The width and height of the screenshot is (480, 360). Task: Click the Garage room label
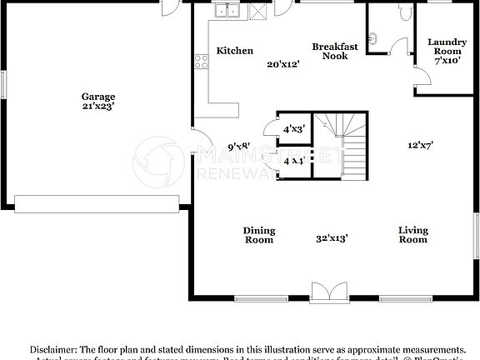pyautogui.click(x=98, y=97)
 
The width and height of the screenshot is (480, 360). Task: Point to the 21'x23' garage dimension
pyautogui.click(x=98, y=107)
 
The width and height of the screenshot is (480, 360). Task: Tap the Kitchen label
pyautogui.click(x=234, y=52)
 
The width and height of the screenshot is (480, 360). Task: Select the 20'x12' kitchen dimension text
pyautogui.click(x=282, y=64)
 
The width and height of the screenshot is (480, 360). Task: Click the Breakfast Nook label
pyautogui.click(x=335, y=52)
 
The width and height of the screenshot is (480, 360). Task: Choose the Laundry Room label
pyautogui.click(x=447, y=47)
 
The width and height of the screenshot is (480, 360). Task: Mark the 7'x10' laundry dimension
pyautogui.click(x=447, y=61)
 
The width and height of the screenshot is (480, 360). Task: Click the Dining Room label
pyautogui.click(x=259, y=235)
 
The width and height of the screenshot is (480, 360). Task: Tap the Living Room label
pyautogui.click(x=412, y=235)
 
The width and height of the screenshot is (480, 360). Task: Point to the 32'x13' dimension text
pyautogui.click(x=332, y=237)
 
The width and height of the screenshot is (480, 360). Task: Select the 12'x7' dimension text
pyautogui.click(x=419, y=145)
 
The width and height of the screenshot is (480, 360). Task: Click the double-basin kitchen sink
pyautogui.click(x=227, y=11)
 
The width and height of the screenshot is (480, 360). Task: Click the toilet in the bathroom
pyautogui.click(x=406, y=12)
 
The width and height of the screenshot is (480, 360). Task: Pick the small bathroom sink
pyautogui.click(x=375, y=37)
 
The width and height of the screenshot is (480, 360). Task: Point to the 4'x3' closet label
pyautogui.click(x=293, y=129)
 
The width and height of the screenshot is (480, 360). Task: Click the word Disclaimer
pyautogui.click(x=54, y=349)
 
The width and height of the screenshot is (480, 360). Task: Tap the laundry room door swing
pyautogui.click(x=423, y=80)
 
